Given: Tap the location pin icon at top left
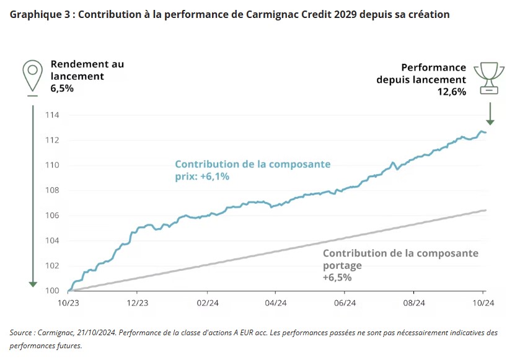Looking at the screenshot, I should click(x=32, y=76).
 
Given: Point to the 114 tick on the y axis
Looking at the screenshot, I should click(x=51, y=115).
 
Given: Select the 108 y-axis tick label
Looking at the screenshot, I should click(x=51, y=190).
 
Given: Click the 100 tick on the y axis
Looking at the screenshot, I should click(x=51, y=291).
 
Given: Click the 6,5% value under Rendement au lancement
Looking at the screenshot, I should click(x=62, y=89).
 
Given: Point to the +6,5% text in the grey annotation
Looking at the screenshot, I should click(x=337, y=278).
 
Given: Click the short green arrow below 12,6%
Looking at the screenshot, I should click(x=490, y=114).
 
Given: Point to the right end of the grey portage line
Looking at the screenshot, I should click(x=485, y=210).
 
